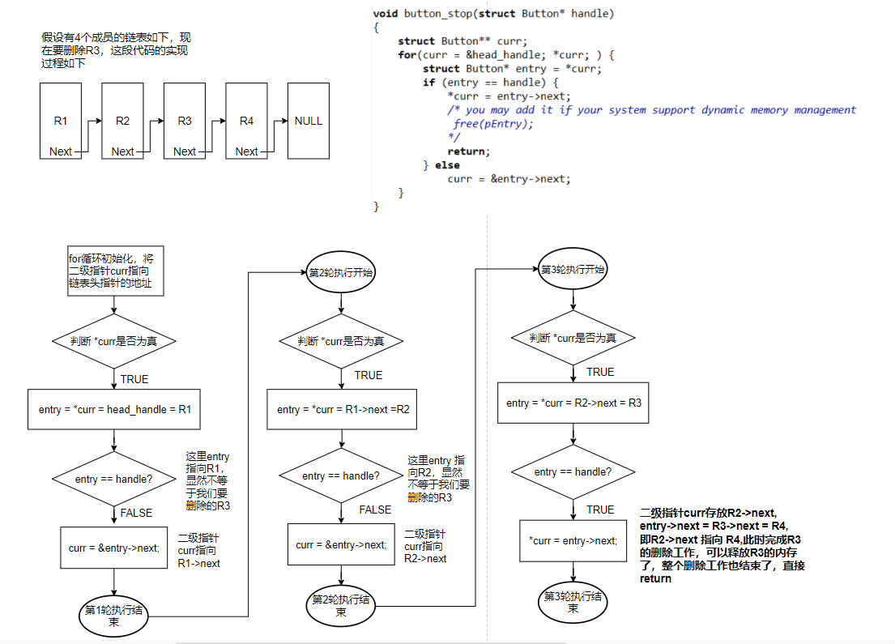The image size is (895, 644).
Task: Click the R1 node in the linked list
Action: click(61, 120)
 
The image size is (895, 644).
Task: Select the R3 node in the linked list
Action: click(185, 120)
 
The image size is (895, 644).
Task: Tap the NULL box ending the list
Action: click(308, 120)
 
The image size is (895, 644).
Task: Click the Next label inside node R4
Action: click(246, 151)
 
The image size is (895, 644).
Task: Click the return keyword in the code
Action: click(469, 151)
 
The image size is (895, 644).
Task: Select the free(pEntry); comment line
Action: click(493, 124)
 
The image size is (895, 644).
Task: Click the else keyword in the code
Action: click(447, 165)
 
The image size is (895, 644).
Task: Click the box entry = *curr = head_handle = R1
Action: click(114, 410)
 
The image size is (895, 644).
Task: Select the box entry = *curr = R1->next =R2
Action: click(343, 410)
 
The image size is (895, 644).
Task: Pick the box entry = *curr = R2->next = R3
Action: click(573, 403)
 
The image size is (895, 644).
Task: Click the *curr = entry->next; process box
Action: click(573, 541)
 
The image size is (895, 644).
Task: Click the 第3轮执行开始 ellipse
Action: click(573, 270)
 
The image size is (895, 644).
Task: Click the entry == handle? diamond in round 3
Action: click(573, 471)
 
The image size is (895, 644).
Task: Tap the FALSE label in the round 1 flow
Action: click(136, 513)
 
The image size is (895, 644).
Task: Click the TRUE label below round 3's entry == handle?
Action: click(600, 510)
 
